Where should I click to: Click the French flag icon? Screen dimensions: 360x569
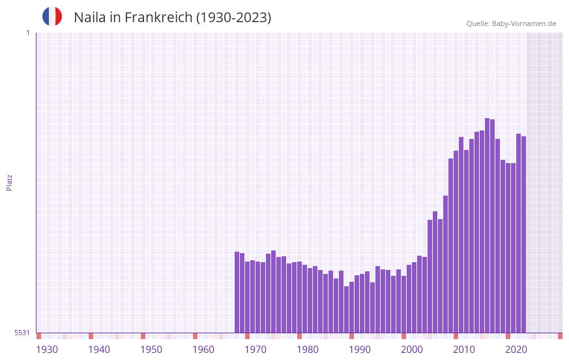[52, 16]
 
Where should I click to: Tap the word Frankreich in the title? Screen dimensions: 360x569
[156, 18]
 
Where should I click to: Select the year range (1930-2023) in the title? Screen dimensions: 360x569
[233, 18]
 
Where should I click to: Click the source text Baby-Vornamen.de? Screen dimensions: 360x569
[523, 23]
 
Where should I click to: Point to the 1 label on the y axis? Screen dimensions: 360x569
[27, 33]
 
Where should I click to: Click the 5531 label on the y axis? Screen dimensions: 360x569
[22, 333]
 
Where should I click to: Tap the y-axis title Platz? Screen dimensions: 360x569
[9, 182]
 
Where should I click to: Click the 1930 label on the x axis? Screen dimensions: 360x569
[47, 350]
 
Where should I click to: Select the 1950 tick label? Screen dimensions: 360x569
[151, 350]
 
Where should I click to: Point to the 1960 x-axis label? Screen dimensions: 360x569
[203, 350]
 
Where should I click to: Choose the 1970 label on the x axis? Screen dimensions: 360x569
[255, 350]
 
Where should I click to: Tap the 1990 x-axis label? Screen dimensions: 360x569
[360, 350]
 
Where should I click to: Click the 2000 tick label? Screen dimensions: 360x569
[412, 350]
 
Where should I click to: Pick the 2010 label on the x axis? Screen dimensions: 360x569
[464, 350]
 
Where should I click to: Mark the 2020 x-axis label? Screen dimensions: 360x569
[516, 350]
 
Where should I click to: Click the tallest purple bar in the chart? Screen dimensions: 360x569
[487, 225]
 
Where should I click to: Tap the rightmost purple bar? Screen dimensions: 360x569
[523, 235]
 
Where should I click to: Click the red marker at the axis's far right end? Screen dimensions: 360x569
[560, 336]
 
